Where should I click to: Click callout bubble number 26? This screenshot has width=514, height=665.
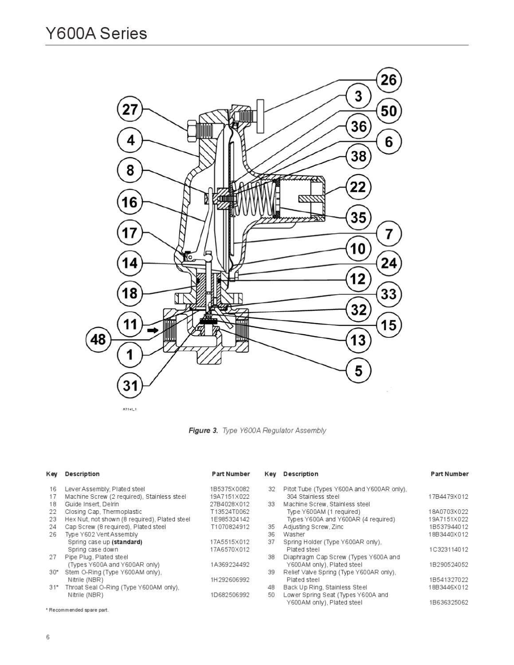(x=389, y=80)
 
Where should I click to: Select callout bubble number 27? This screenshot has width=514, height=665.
(x=130, y=110)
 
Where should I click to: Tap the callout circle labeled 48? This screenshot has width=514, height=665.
(x=98, y=340)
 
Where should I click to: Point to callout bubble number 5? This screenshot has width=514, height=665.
(x=358, y=371)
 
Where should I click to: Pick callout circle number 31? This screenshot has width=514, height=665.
(x=130, y=385)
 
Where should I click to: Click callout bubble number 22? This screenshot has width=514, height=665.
(x=358, y=187)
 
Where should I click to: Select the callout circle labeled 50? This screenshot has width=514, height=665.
(x=389, y=111)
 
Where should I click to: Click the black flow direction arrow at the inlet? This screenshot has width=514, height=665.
(x=153, y=330)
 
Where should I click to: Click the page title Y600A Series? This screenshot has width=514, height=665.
(x=96, y=34)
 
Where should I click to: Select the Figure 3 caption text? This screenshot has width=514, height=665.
(x=257, y=430)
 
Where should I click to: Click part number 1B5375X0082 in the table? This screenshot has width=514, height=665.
(x=230, y=489)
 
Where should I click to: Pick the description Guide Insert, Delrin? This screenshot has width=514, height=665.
(x=92, y=504)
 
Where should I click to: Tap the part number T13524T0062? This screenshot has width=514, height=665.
(x=230, y=512)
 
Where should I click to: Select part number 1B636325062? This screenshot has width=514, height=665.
(x=448, y=602)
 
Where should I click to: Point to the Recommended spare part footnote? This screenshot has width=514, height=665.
(x=77, y=610)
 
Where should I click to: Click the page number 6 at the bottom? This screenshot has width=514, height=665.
(x=48, y=638)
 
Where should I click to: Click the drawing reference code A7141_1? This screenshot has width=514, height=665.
(x=129, y=409)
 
